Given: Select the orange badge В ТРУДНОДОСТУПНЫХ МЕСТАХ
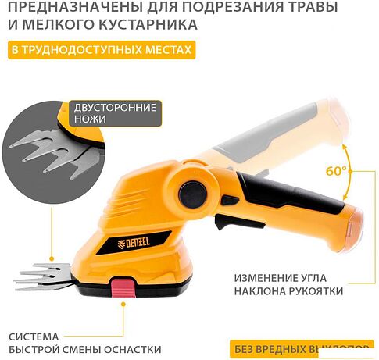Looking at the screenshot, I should [100, 52].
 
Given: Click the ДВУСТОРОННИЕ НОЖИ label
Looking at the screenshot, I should [113, 114].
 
